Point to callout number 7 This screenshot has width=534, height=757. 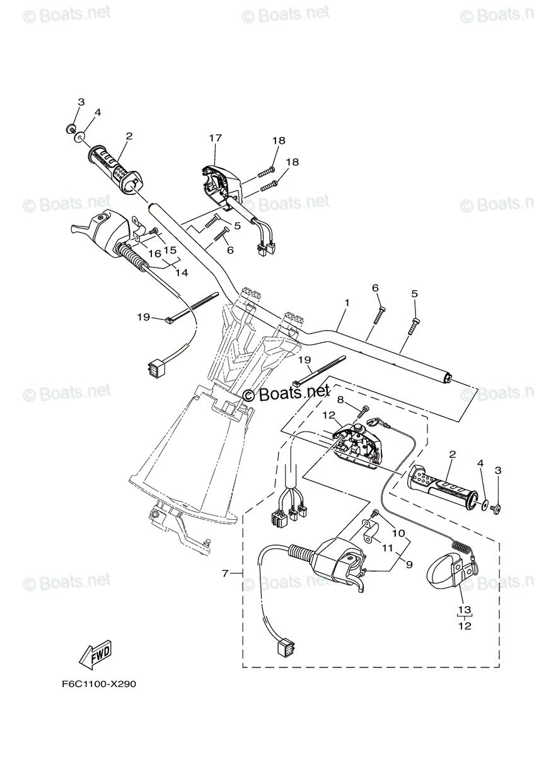[225, 573]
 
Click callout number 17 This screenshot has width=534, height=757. [216, 138]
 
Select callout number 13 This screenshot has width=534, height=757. [464, 610]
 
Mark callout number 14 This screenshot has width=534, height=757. [182, 273]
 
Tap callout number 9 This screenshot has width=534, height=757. [409, 565]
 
